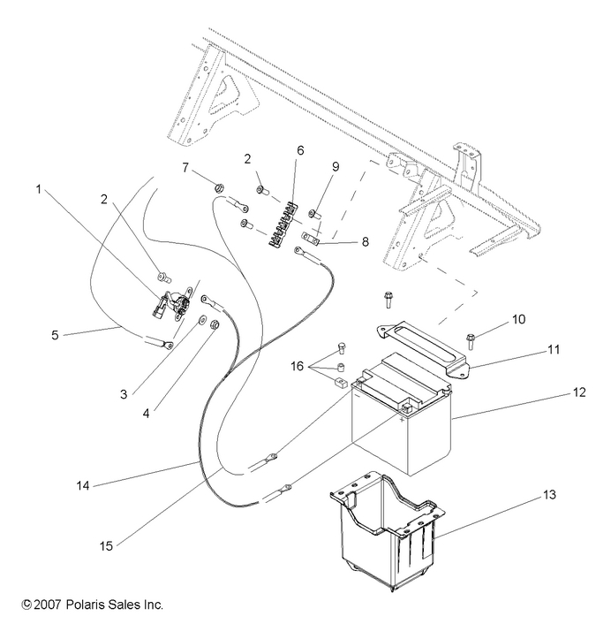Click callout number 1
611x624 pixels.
[39, 188]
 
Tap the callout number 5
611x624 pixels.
[54, 334]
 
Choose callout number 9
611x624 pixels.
[335, 165]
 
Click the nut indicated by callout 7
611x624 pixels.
[219, 187]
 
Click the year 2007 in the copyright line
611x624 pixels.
[52, 605]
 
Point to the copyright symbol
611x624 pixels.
[26, 605]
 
